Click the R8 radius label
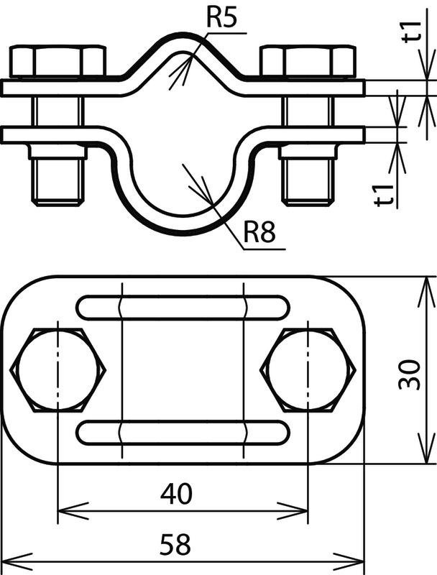259,232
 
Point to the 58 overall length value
175,544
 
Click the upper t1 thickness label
413,32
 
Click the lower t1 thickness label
384,195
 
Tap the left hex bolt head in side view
57,61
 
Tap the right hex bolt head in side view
308,61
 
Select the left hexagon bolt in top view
58,370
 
